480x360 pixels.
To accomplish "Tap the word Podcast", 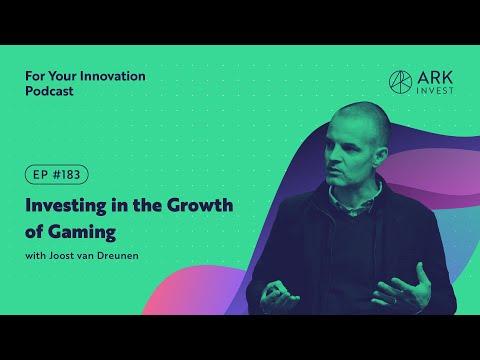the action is (x=49, y=91).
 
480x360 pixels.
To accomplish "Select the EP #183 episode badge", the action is (x=57, y=175).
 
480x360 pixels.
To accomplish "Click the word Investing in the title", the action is (x=66, y=206).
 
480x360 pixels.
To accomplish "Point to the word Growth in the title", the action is (x=200, y=205).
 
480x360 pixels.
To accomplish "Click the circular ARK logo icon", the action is (x=400, y=82).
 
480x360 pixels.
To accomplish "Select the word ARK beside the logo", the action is (x=435, y=78).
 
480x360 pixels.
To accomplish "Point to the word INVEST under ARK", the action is (x=435, y=90).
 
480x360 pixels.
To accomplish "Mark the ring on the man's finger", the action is (x=395, y=301).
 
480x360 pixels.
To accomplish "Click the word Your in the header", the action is (x=63, y=76).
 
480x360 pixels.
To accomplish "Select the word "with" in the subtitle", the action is (x=35, y=256).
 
